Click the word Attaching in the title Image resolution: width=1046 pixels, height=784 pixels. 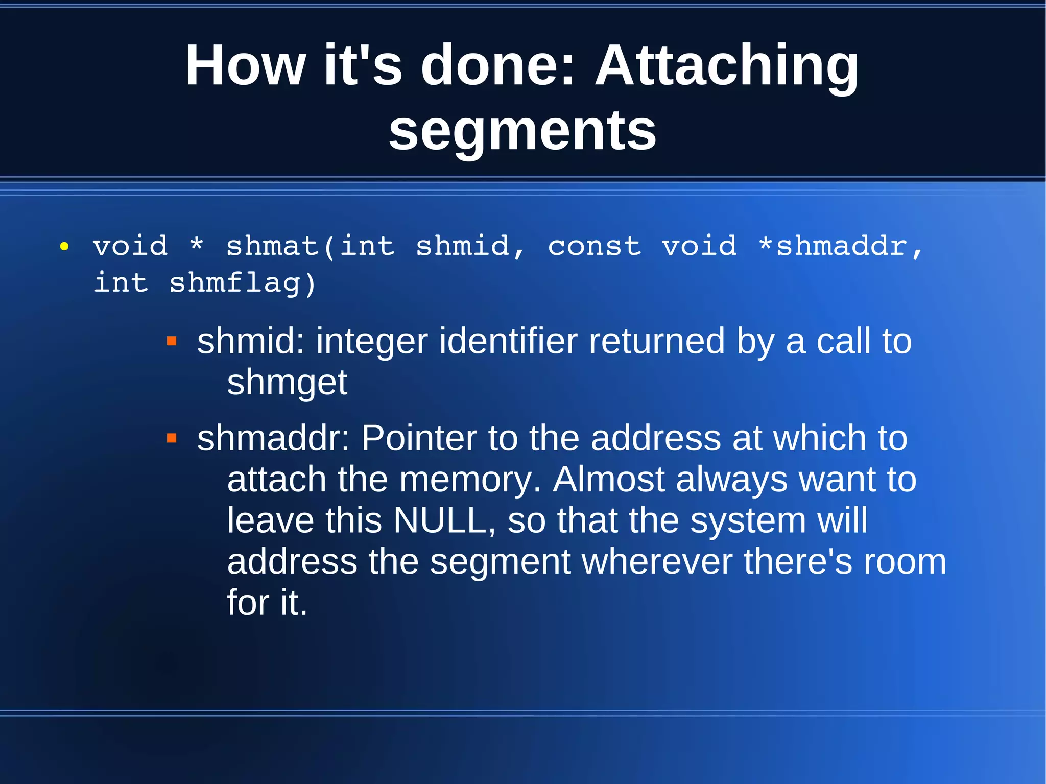click(x=727, y=66)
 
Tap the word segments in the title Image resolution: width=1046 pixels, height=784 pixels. click(x=522, y=131)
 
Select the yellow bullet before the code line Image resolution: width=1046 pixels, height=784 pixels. click(x=64, y=247)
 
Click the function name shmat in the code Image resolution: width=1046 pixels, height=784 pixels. click(x=273, y=246)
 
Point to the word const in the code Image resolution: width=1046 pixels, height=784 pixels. click(x=594, y=246)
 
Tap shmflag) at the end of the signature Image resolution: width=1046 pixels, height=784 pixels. click(x=242, y=283)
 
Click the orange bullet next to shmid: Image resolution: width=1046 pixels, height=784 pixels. click(x=172, y=341)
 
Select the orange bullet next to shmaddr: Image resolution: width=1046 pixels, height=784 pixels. click(x=172, y=438)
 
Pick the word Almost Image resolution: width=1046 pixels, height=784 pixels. click(x=608, y=480)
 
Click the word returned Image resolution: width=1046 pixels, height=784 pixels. click(x=656, y=341)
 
